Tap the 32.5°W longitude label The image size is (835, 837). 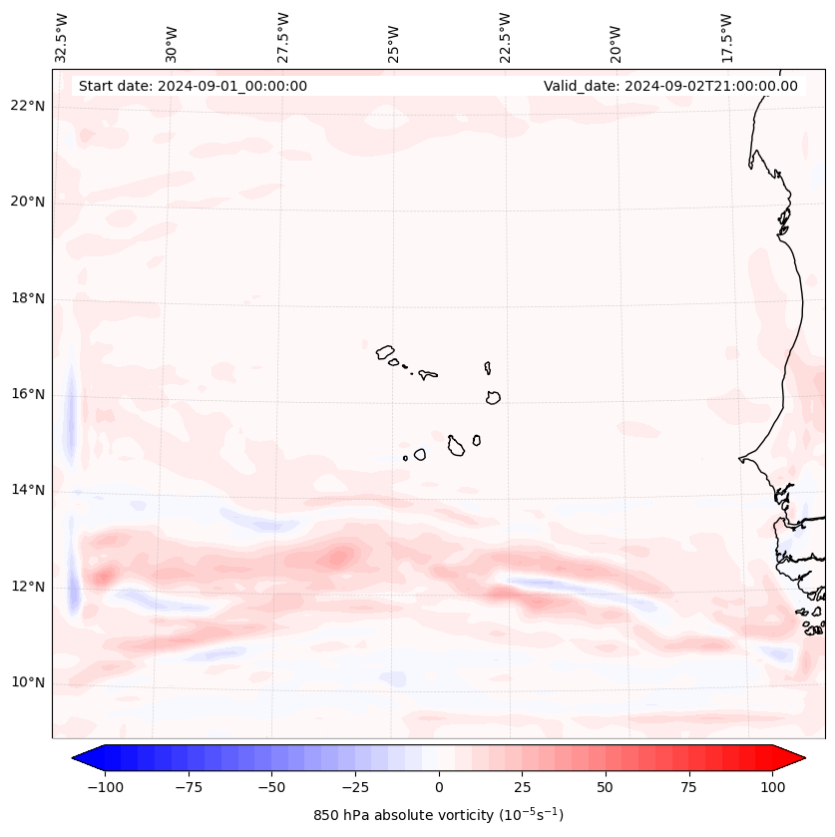[62, 38]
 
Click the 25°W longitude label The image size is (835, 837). [394, 38]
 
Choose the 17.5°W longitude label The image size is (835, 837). [726, 38]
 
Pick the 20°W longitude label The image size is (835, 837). [616, 38]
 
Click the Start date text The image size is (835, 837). [193, 86]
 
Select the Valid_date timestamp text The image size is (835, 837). [670, 86]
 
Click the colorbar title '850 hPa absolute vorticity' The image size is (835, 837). [438, 815]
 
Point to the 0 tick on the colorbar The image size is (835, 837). [439, 787]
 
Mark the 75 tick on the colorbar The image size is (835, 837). [689, 787]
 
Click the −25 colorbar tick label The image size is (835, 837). [355, 787]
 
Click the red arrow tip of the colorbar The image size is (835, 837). [796, 759]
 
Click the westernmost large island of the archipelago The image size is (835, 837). [385, 351]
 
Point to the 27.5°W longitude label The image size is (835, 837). [283, 38]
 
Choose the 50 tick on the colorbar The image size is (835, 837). [606, 787]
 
